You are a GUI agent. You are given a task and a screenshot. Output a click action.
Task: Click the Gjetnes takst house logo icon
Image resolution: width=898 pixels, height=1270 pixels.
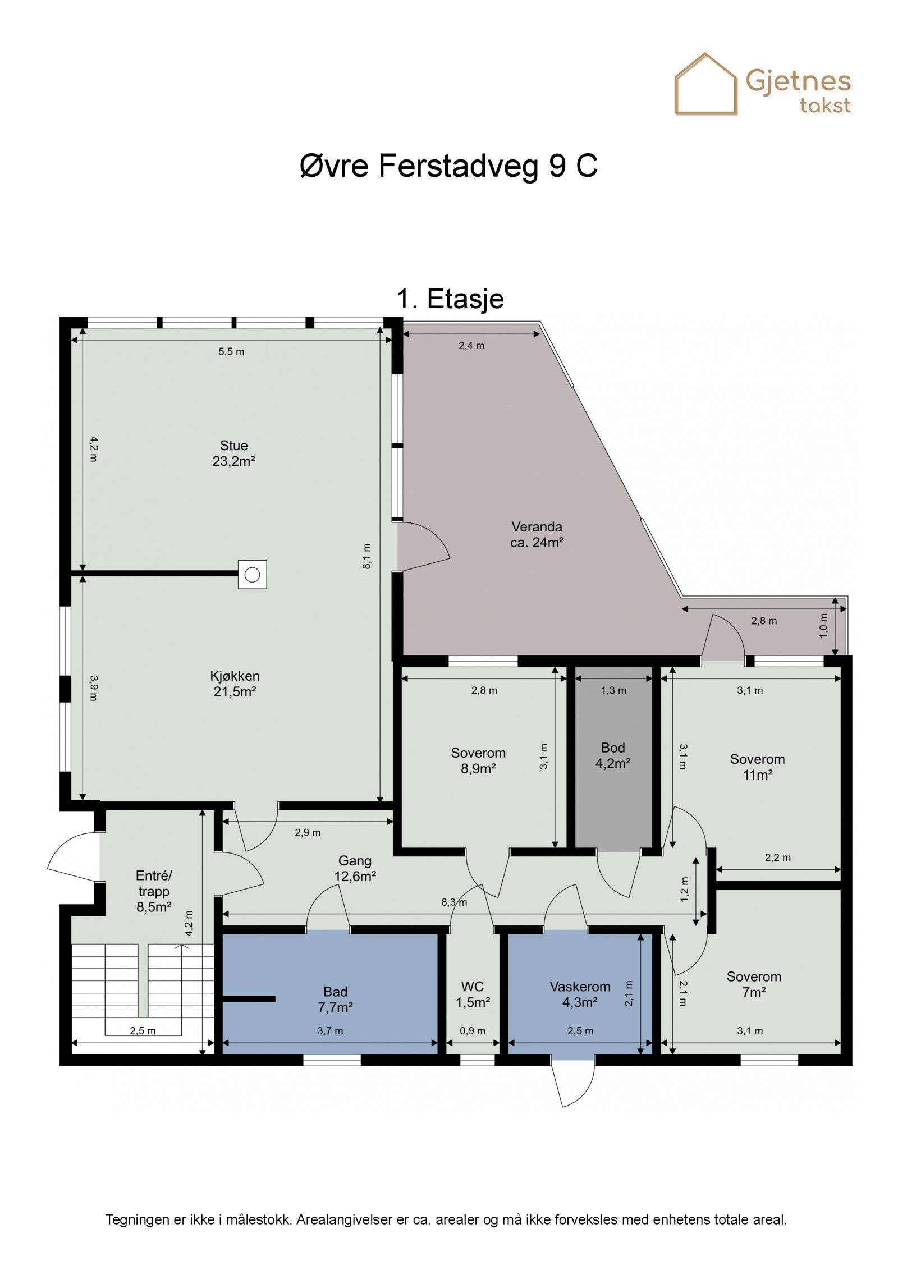[705, 84]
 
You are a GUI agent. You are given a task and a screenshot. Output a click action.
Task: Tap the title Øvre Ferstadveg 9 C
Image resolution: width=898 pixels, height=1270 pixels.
[449, 166]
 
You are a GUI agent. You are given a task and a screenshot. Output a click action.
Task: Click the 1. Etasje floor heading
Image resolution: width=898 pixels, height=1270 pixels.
[450, 299]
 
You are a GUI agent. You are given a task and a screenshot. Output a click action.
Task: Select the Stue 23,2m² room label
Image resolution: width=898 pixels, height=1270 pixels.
[233, 453]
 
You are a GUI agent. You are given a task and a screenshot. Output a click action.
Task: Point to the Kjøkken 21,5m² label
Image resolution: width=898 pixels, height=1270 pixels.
[235, 684]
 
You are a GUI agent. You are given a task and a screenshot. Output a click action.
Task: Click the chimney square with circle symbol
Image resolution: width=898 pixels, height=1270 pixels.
[252, 574]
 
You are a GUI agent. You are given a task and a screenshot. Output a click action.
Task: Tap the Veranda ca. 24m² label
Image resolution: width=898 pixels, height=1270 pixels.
[537, 535]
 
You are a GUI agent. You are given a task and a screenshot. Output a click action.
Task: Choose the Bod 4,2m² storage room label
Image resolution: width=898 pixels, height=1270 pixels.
[613, 755]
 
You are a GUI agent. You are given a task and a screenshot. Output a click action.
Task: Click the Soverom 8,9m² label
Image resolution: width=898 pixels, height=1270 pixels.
[478, 760]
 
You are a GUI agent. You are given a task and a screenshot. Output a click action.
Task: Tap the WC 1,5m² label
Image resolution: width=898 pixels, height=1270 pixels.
[473, 994]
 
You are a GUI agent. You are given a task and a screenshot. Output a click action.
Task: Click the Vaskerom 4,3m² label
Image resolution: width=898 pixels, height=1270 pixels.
[580, 994]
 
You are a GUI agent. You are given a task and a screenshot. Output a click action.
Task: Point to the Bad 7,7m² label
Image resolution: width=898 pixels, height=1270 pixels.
[335, 1000]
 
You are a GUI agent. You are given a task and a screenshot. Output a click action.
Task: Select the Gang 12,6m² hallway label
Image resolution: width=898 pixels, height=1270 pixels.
[355, 868]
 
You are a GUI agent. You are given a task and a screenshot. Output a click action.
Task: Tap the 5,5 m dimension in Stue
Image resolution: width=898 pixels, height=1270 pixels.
[231, 352]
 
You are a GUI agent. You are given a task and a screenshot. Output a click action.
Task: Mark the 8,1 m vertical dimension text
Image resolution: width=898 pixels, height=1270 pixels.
[366, 556]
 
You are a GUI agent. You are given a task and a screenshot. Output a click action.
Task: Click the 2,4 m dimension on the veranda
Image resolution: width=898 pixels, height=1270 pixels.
[471, 346]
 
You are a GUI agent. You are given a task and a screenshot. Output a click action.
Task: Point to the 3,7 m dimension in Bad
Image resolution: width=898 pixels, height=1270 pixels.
[330, 1031]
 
